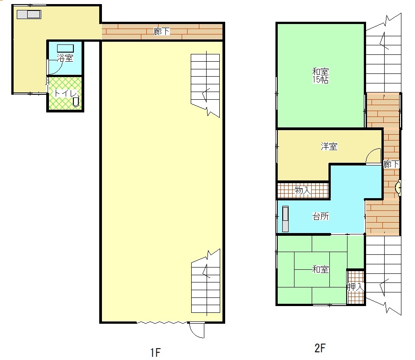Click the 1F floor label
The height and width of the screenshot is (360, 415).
pyautogui.click(x=155, y=352)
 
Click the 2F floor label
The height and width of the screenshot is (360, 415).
pyautogui.click(x=320, y=348)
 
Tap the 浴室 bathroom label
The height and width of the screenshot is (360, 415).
pyautogui.click(x=65, y=58)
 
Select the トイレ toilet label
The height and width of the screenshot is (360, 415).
pyautogui.click(x=65, y=93)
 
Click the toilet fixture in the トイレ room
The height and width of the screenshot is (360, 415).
pyautogui.click(x=76, y=102)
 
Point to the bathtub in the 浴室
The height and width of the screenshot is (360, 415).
pyautogui.click(x=65, y=49)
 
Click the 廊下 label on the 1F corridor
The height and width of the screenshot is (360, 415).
pyautogui.click(x=161, y=32)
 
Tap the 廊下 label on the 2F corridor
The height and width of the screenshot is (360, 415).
pyautogui.click(x=391, y=164)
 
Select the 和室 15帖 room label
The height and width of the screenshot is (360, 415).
pyautogui.click(x=320, y=76)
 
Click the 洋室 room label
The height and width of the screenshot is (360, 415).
pyautogui.click(x=329, y=146)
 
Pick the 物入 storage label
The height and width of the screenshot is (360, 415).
pyautogui.click(x=303, y=190)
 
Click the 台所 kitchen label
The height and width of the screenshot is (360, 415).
pyautogui.click(x=321, y=216)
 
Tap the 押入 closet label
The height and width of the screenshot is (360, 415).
pyautogui.click(x=356, y=287)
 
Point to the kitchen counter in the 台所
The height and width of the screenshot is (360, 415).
pyautogui.click(x=285, y=219)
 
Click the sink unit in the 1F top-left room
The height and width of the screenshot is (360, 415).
pyautogui.click(x=29, y=15)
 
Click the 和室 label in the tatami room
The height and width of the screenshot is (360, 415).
pyautogui.click(x=320, y=269)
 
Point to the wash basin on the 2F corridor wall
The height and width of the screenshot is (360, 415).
pyautogui.click(x=397, y=188)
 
